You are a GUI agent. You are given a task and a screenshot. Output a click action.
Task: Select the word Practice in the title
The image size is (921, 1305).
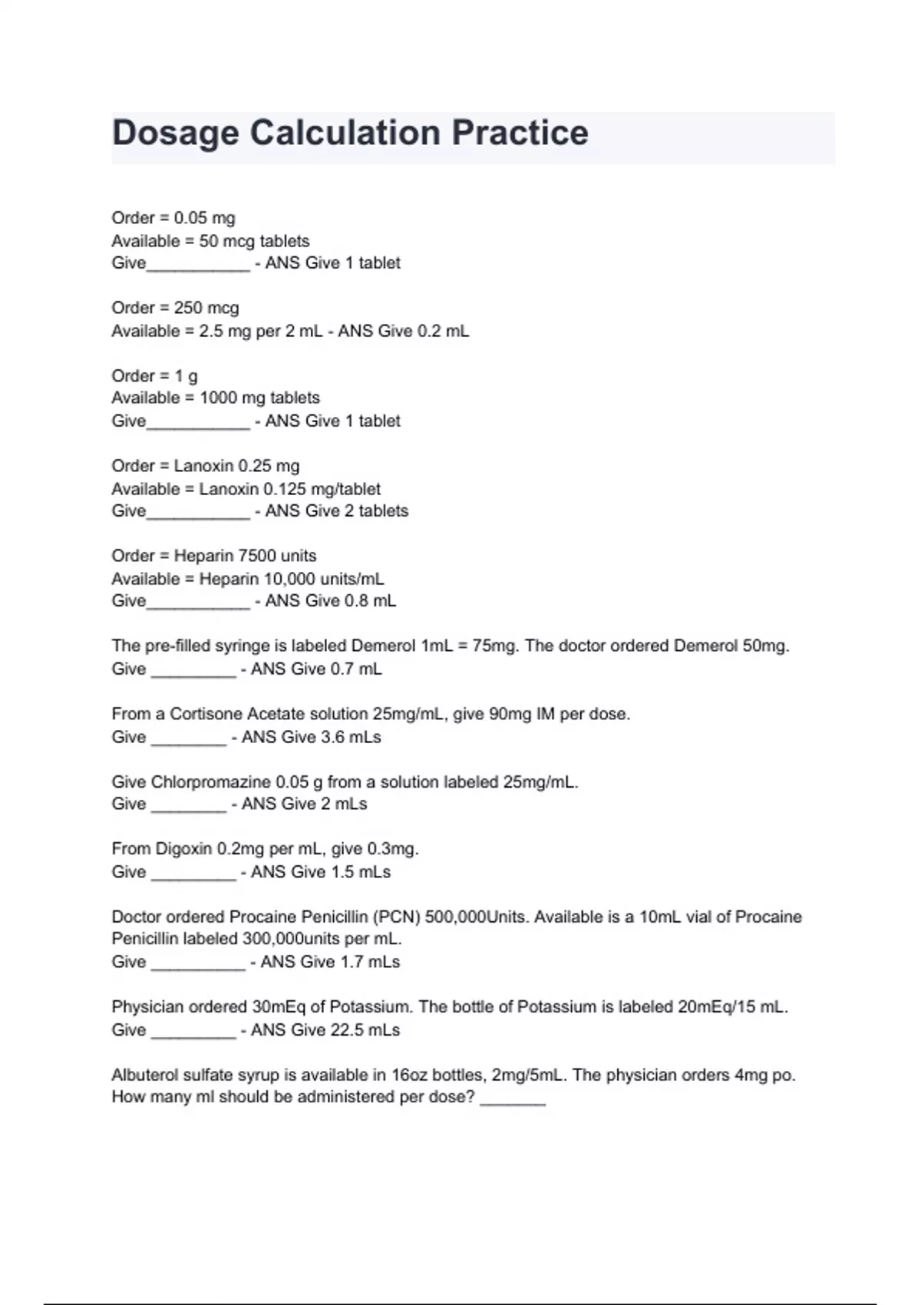pyautogui.click(x=520, y=133)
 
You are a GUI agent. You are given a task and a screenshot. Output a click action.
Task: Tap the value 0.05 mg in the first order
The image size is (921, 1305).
pyautogui.click(x=204, y=218)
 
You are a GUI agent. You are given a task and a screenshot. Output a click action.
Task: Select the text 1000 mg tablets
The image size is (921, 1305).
pyautogui.click(x=259, y=398)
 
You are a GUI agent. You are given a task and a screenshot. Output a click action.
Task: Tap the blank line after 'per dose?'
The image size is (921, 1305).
pyautogui.click(x=513, y=1099)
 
